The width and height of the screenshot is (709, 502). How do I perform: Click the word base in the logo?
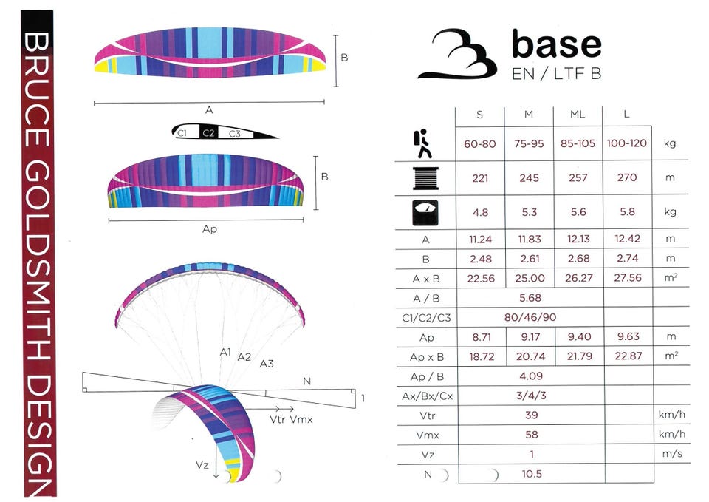(557, 44)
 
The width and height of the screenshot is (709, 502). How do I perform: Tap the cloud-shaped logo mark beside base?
(458, 54)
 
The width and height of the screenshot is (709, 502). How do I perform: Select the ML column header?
(578, 115)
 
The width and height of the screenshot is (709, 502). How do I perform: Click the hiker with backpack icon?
(422, 143)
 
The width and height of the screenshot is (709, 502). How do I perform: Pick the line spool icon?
(425, 178)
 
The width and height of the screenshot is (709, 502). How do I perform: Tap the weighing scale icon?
(425, 213)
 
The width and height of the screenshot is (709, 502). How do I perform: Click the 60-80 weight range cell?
(480, 144)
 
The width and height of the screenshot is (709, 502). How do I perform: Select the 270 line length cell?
(627, 177)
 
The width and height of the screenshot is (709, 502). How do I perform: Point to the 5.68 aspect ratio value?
(530, 298)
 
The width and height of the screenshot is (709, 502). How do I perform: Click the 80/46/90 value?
(530, 317)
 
